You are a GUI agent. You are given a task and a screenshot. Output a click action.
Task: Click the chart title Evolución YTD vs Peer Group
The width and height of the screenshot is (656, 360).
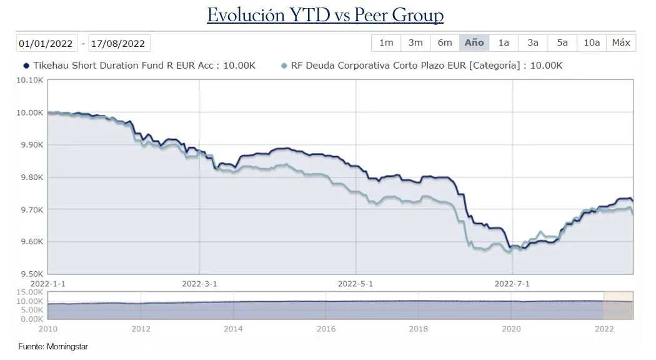325,16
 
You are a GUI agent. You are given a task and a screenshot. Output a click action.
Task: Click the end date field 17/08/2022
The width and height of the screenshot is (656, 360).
118,43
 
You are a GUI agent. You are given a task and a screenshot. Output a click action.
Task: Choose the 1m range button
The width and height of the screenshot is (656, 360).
386,42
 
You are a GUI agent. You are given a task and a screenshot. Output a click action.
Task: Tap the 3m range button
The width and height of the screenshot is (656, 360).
415,42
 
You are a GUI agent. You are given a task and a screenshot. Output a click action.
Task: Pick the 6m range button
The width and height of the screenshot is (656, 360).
445,42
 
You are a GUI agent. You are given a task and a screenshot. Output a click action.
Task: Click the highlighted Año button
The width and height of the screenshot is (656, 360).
474,42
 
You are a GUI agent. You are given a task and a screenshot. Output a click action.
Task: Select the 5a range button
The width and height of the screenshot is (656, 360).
562,42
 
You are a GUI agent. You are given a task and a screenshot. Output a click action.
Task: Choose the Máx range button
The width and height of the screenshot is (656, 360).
621,42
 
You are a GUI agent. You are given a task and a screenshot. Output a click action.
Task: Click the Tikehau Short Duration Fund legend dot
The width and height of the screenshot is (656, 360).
26,66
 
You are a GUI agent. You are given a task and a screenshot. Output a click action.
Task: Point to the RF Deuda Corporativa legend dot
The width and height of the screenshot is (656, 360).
284,66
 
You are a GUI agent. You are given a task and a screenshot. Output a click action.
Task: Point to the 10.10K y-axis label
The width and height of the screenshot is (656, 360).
31,80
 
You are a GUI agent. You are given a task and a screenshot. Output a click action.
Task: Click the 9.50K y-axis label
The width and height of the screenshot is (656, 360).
31,274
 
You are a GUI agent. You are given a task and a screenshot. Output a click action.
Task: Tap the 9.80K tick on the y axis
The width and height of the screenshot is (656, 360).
31,177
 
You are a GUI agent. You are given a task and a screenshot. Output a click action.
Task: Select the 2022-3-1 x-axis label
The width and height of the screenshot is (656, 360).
199,282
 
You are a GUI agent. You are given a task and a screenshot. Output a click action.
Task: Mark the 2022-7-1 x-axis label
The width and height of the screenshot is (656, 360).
512,282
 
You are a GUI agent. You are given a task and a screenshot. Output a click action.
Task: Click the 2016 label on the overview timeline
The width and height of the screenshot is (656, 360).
326,328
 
